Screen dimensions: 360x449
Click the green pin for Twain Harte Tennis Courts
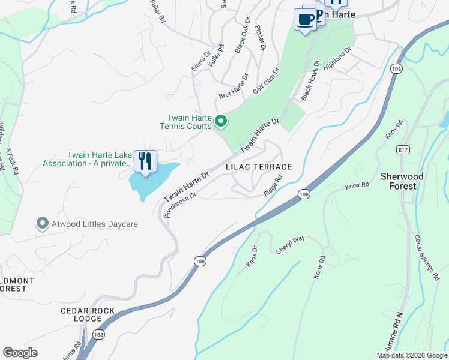pyautogui.click(x=221, y=122)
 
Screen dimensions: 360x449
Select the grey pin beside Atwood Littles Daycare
pyautogui.click(x=42, y=224)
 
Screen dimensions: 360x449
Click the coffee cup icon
pyautogui.click(x=306, y=20)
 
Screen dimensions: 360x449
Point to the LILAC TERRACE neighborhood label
pyautogui.click(x=259, y=167)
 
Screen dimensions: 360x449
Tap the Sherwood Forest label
pyautogui.click(x=402, y=181)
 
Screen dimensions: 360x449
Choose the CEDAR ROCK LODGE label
pyautogui.click(x=89, y=314)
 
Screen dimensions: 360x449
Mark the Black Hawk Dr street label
pyautogui.click(x=310, y=79)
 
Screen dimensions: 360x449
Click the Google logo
pyautogui.click(x=20, y=353)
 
